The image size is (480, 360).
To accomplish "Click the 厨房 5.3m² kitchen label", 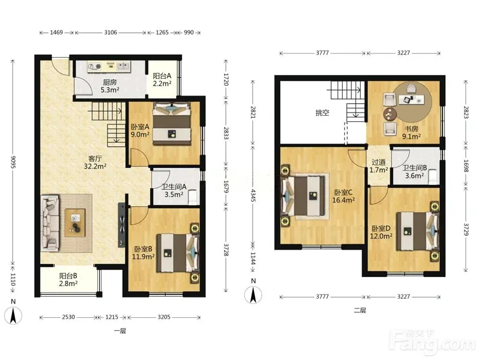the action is (110, 86).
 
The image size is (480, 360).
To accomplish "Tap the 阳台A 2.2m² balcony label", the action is (162, 79).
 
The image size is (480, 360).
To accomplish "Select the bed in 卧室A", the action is (172, 124).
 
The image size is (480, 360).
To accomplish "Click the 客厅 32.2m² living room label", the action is (95, 162).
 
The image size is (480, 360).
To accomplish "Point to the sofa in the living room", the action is (50, 222).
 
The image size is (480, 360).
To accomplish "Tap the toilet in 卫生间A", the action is (193, 197).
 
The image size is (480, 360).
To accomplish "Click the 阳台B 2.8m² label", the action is (68, 279).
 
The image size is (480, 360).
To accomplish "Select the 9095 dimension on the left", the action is (13, 162).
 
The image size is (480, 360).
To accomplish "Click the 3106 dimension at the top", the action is (110, 33).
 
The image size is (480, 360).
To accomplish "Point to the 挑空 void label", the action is (323, 113).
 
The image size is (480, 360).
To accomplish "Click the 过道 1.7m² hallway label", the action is (379, 166).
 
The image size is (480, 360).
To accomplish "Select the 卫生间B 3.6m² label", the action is (415, 172).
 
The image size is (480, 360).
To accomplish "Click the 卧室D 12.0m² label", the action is (381, 232).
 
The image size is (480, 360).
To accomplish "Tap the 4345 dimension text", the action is (253, 195).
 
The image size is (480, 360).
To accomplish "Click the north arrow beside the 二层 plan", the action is (253, 295).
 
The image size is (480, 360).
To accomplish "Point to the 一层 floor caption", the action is (120, 331).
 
